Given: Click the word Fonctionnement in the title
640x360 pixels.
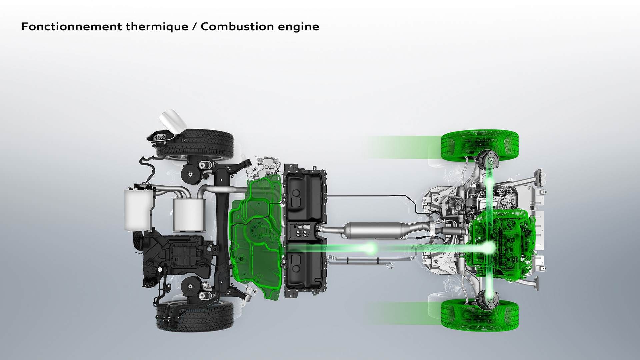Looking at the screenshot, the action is click(x=71, y=27).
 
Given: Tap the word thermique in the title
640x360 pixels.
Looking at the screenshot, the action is click(x=157, y=27).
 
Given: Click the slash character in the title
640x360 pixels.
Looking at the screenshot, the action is click(x=194, y=27).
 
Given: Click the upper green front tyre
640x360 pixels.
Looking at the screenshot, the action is click(x=480, y=146).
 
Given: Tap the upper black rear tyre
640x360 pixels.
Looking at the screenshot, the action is click(x=195, y=144).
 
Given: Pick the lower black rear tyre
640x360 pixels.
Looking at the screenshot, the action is click(x=195, y=316).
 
